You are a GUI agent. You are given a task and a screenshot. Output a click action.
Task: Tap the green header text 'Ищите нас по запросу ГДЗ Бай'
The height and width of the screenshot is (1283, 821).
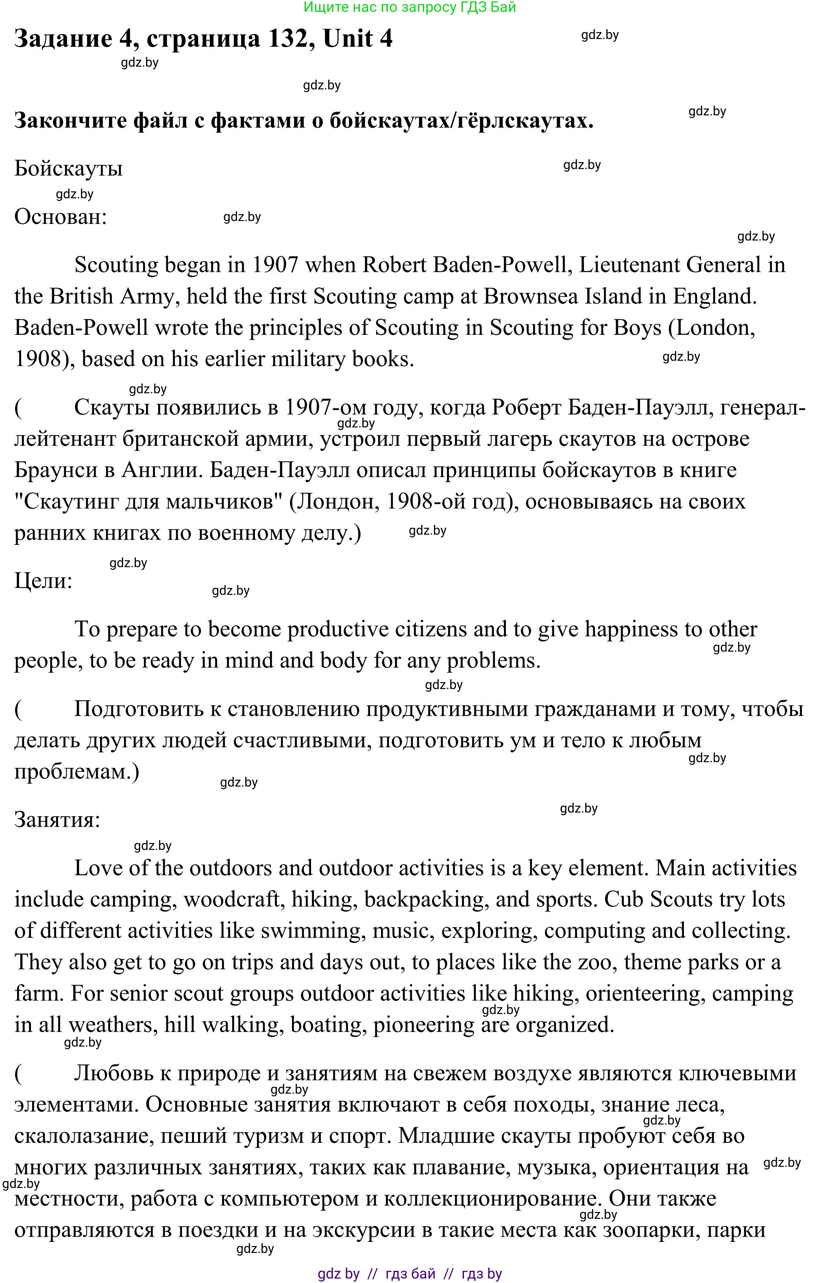[409, 7]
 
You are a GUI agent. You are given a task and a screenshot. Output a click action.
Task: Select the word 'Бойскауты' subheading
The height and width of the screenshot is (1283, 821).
[68, 169]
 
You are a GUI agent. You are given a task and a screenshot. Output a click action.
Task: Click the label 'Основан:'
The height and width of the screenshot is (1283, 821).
[60, 217]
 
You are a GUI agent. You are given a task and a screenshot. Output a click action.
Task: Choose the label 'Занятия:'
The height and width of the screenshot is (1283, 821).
[57, 819]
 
